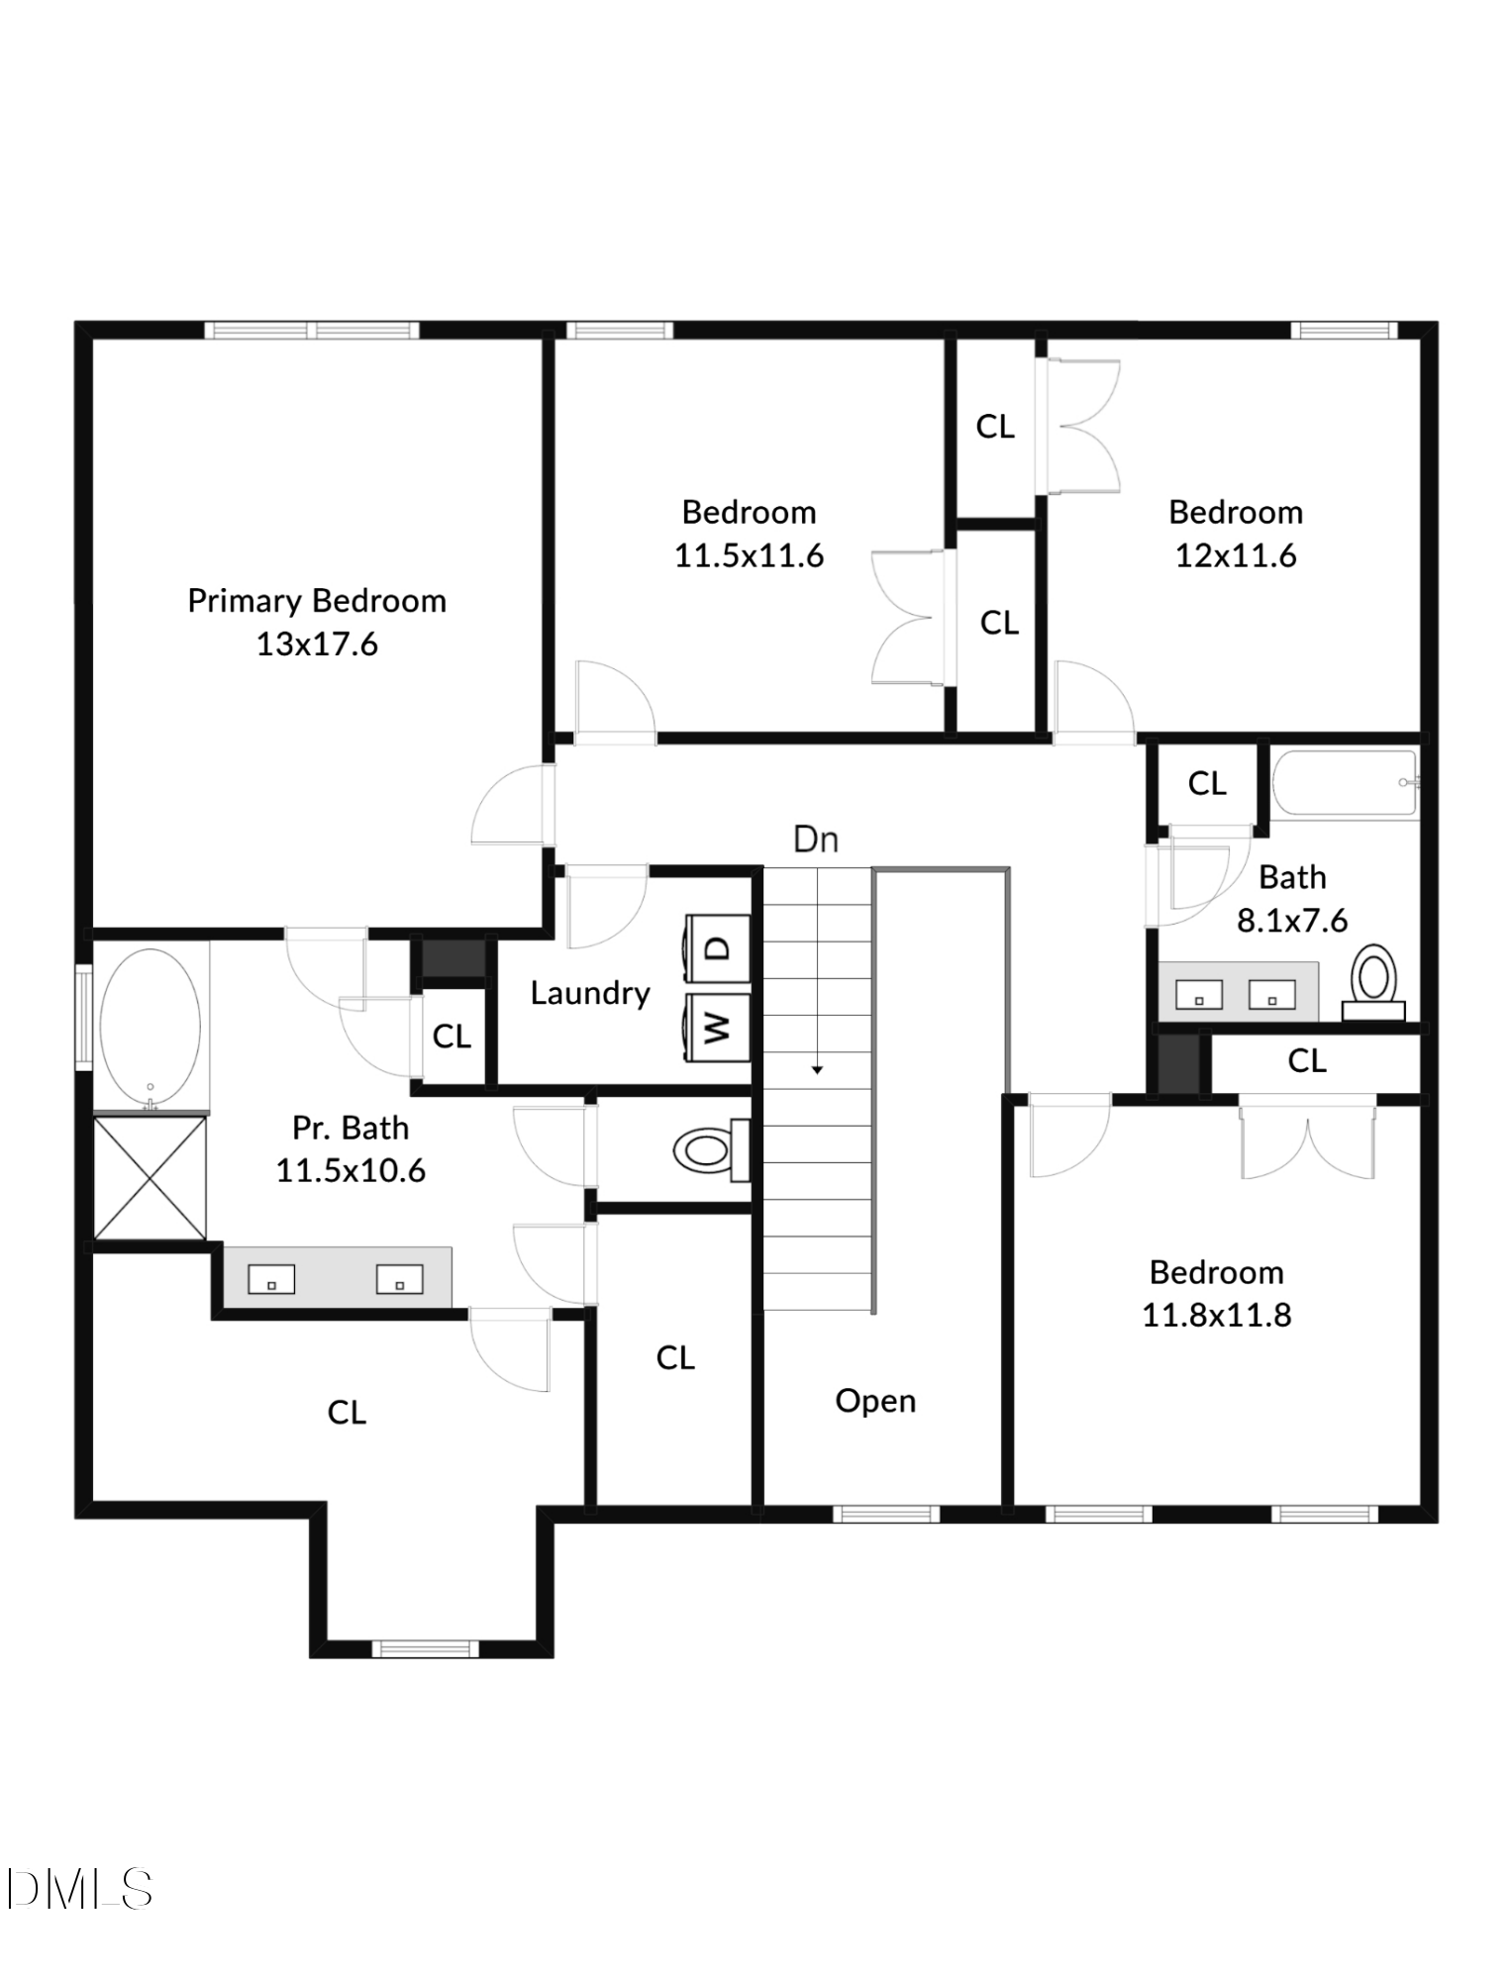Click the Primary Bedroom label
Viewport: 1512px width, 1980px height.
tap(317, 601)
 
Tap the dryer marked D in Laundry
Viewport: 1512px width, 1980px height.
tap(718, 947)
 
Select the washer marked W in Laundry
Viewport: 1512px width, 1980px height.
tap(718, 1028)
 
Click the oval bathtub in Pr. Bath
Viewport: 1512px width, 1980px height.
tap(151, 1029)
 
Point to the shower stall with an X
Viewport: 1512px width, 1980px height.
tap(150, 1178)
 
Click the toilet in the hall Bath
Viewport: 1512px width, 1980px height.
tap(1373, 978)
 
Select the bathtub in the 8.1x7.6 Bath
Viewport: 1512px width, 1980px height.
tap(1344, 783)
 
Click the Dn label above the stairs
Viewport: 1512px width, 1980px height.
tap(816, 840)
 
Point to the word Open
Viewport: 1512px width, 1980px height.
tap(875, 1401)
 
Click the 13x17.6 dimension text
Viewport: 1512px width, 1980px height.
tap(317, 644)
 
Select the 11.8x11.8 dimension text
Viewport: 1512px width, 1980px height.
tap(1216, 1316)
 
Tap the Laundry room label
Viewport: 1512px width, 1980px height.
tap(590, 993)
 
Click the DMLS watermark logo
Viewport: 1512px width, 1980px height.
tap(79, 1889)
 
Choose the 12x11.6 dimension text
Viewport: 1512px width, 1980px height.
tap(1236, 555)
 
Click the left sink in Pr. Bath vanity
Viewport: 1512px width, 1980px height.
tap(271, 1280)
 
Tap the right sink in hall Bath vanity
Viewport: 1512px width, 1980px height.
tap(1271, 995)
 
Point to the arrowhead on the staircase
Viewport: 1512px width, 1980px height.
tap(817, 1069)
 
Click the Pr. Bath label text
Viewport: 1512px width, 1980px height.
tap(351, 1128)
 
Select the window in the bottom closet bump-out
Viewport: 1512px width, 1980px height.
tap(425, 1648)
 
